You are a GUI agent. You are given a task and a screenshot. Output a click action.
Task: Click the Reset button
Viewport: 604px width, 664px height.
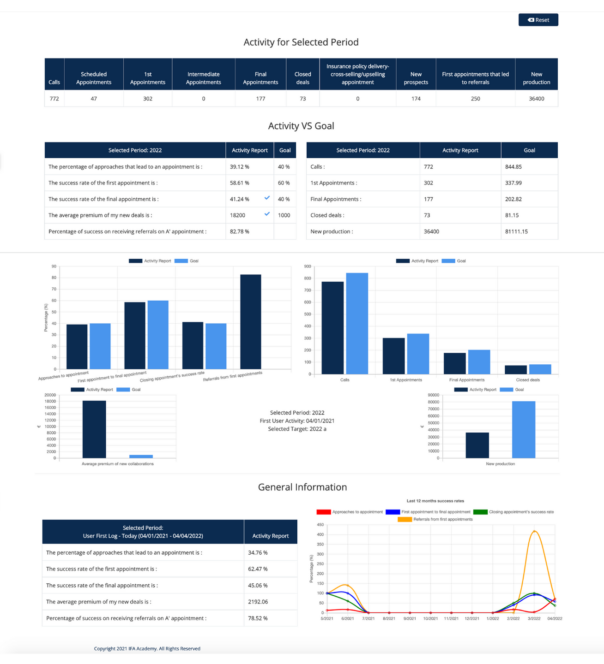[x=538, y=20]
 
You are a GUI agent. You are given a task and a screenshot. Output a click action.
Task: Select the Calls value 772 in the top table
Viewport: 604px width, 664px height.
[x=54, y=99]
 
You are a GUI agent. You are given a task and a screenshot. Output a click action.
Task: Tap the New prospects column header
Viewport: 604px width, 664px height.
[x=416, y=78]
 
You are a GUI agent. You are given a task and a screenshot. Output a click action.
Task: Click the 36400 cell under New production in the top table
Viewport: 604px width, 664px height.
[x=536, y=99]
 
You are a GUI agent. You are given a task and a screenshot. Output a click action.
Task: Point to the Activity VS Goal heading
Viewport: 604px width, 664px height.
[x=301, y=126]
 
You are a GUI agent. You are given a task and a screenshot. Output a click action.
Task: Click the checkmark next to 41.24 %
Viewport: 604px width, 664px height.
[x=267, y=198]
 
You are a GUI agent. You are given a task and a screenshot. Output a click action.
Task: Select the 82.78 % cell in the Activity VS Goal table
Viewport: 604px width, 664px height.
[x=240, y=231]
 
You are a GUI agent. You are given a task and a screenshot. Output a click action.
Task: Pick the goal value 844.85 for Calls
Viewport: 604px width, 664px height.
[x=513, y=167]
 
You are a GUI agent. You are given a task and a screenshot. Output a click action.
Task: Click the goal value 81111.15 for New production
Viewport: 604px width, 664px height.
[x=516, y=231]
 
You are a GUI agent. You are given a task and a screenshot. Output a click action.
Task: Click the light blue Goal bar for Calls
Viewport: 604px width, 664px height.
[x=357, y=323]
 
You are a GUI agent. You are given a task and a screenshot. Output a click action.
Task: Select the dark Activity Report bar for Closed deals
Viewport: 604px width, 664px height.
[x=515, y=369]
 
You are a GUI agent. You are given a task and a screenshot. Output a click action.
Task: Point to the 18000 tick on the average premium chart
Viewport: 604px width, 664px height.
[x=50, y=402]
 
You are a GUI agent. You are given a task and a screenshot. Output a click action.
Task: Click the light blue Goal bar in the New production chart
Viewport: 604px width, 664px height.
[x=523, y=429]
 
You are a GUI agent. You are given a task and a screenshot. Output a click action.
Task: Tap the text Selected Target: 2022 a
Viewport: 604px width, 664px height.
[x=297, y=429]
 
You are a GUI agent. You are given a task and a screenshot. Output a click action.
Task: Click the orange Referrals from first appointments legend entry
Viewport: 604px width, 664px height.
[x=435, y=519]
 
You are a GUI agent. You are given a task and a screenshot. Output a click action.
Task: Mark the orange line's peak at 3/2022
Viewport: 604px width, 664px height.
[x=534, y=531]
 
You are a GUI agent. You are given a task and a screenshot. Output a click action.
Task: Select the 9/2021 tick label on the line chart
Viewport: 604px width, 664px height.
[x=410, y=619]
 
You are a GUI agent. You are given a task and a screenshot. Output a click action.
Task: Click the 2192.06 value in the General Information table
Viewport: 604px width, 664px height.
[x=258, y=602]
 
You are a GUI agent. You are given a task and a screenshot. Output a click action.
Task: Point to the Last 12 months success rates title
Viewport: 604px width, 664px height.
[x=435, y=501]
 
